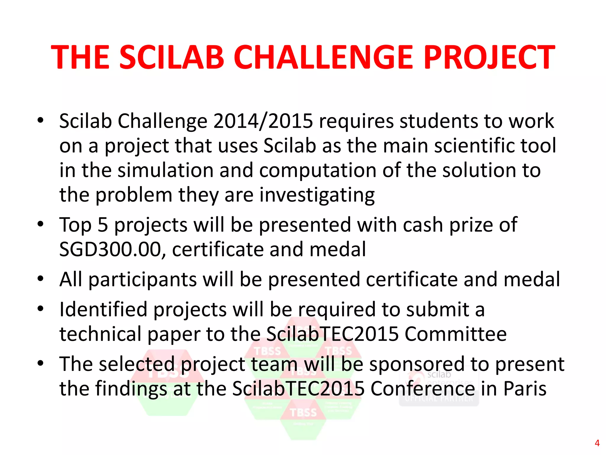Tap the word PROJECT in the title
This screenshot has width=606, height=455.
[489, 57]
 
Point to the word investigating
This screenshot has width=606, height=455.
[317, 196]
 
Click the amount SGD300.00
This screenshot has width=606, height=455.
[110, 249]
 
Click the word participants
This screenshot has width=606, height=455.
[143, 279]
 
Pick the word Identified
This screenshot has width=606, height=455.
[103, 309]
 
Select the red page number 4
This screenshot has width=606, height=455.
[597, 443]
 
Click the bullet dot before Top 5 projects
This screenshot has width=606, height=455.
[41, 224]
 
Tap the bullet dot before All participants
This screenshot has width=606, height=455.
[41, 278]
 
